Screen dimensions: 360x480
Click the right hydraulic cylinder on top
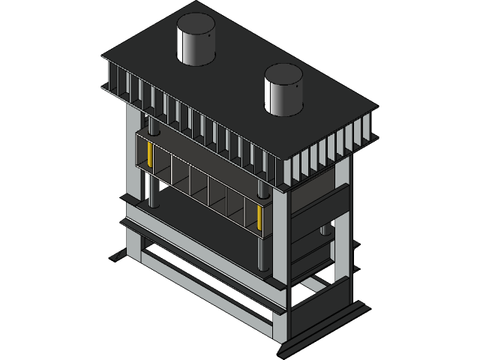coord(283,96)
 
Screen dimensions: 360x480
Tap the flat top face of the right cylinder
coord(283,73)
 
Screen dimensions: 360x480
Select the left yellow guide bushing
coord(151,155)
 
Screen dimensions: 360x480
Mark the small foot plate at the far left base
coord(118,256)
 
